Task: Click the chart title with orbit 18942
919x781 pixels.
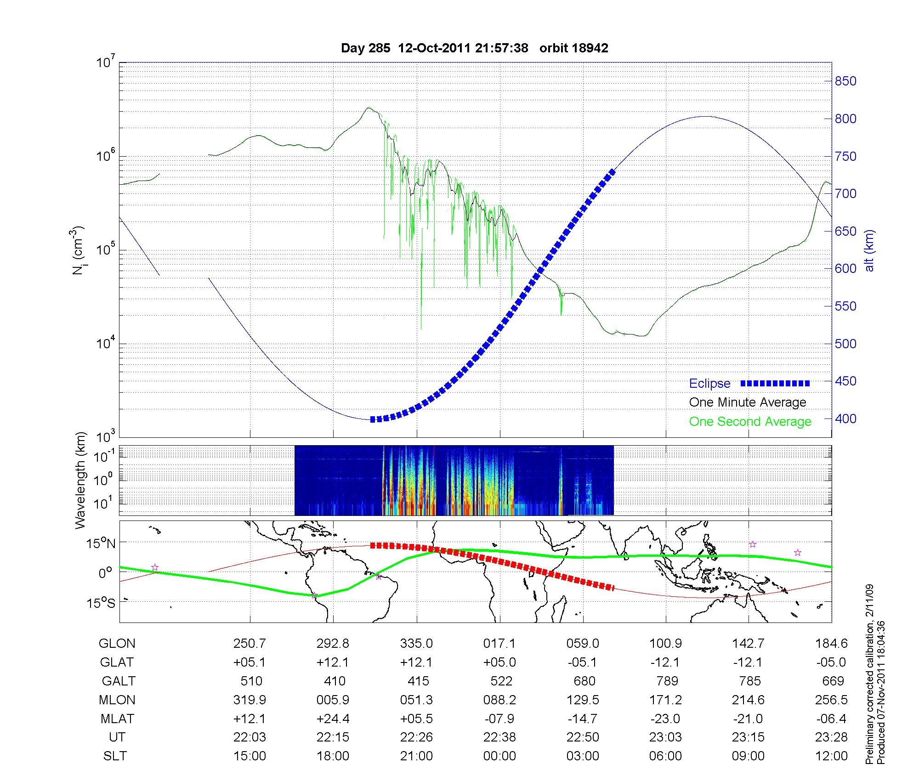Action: click(x=474, y=48)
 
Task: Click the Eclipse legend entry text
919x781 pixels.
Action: click(x=709, y=384)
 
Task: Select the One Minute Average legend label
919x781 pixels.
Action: click(x=748, y=402)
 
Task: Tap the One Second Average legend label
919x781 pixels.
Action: click(x=750, y=422)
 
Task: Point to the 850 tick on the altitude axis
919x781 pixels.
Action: click(x=845, y=81)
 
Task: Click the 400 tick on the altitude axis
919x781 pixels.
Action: click(x=845, y=419)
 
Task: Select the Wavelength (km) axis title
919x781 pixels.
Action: click(x=81, y=480)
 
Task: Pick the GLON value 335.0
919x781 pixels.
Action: click(x=417, y=644)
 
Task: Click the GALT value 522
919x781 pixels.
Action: click(x=500, y=681)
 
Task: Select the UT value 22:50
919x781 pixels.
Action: click(x=583, y=737)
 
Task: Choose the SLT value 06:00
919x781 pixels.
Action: click(x=666, y=756)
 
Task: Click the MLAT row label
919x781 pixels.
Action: click(x=117, y=719)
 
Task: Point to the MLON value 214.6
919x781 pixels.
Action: click(x=749, y=700)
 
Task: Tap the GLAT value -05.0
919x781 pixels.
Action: click(x=831, y=662)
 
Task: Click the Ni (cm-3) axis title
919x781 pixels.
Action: click(x=78, y=250)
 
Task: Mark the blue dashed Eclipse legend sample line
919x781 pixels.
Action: click(x=775, y=383)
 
